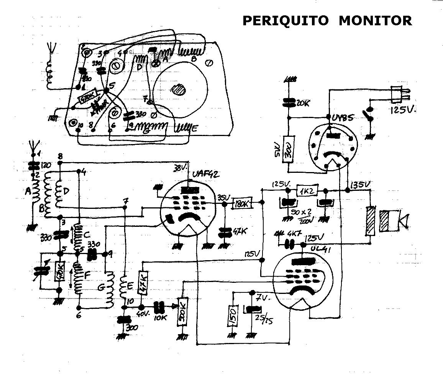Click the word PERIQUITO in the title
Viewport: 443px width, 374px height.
(x=285, y=20)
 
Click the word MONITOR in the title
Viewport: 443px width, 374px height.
(x=375, y=20)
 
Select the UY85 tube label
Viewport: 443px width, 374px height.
(x=342, y=118)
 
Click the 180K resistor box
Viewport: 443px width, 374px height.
(x=242, y=204)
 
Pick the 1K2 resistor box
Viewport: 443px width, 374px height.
(x=306, y=190)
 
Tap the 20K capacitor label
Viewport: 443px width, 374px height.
(x=303, y=103)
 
